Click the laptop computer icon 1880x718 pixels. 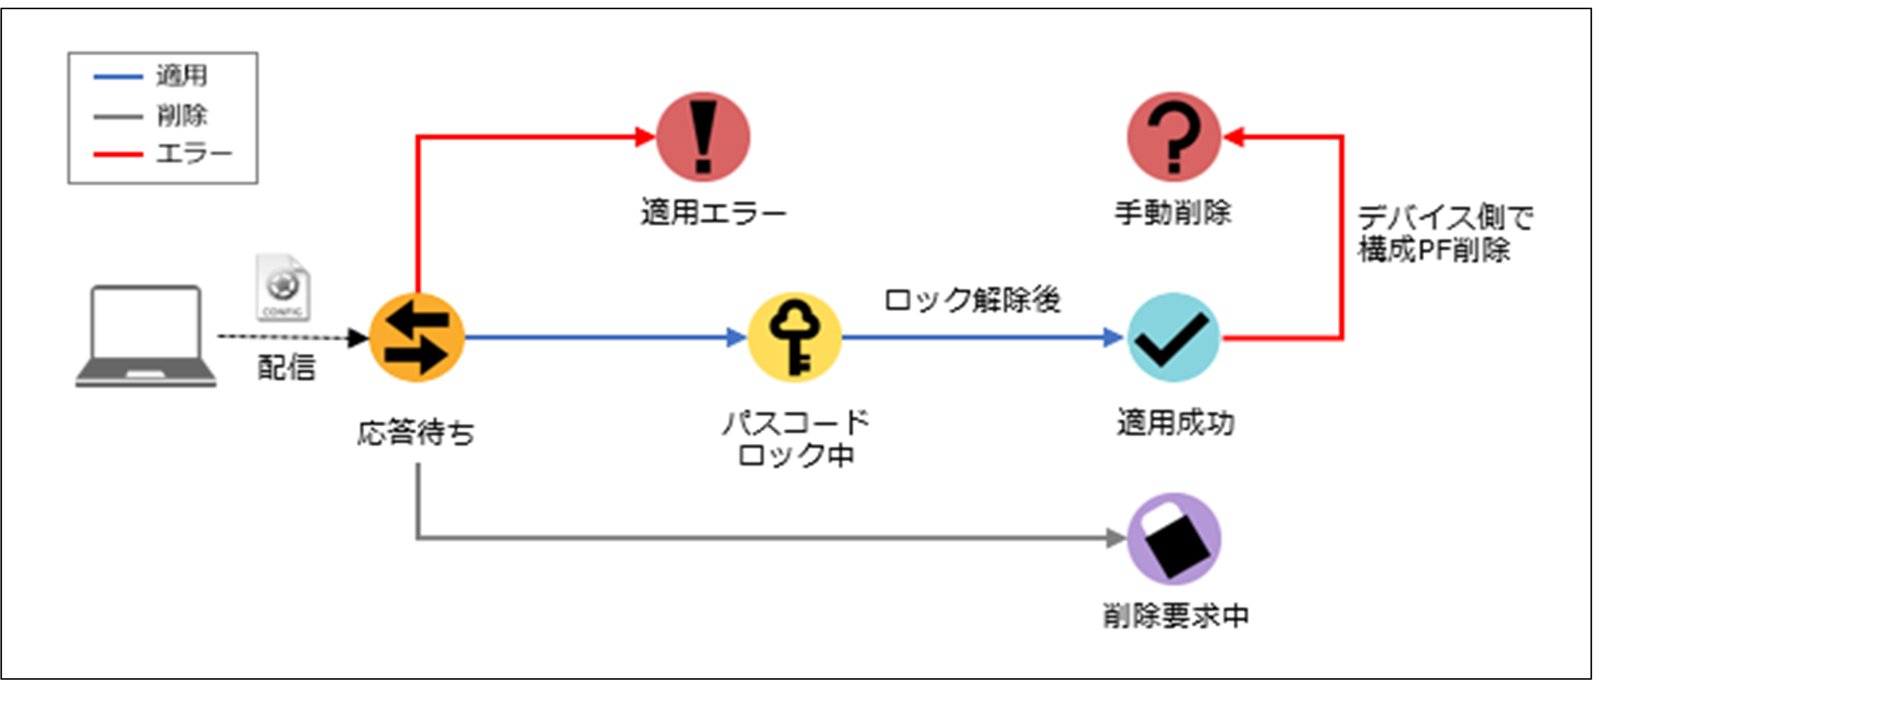click(x=146, y=336)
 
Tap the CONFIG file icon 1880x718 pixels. click(x=283, y=288)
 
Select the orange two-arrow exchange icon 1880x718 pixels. click(x=417, y=337)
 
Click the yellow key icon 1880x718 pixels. click(x=795, y=337)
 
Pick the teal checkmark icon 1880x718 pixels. click(x=1173, y=337)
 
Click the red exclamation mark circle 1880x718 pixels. click(x=703, y=137)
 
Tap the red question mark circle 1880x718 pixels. click(x=1173, y=137)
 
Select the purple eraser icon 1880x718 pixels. click(x=1173, y=538)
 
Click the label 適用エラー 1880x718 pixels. click(x=713, y=213)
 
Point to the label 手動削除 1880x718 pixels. click(x=1173, y=213)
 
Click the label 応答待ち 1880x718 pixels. click(x=416, y=433)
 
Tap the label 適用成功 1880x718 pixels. click(x=1175, y=423)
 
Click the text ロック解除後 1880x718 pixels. click(x=972, y=300)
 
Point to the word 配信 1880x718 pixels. click(x=286, y=368)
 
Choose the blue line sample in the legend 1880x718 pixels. click(x=118, y=76)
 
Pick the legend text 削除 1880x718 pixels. click(x=182, y=115)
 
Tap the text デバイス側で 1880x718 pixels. click(x=1445, y=217)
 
